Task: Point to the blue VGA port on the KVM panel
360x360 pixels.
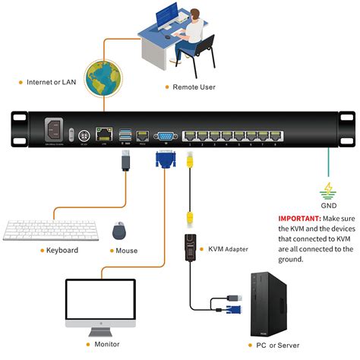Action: point(163,136)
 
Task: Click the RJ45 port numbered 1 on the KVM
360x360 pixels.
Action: point(190,136)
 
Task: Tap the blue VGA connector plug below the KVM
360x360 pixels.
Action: point(164,160)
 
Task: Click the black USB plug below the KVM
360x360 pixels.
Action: point(125,162)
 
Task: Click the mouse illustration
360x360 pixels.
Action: point(118,230)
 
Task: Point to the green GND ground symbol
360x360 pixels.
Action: point(329,191)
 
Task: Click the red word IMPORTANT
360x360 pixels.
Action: point(300,217)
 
